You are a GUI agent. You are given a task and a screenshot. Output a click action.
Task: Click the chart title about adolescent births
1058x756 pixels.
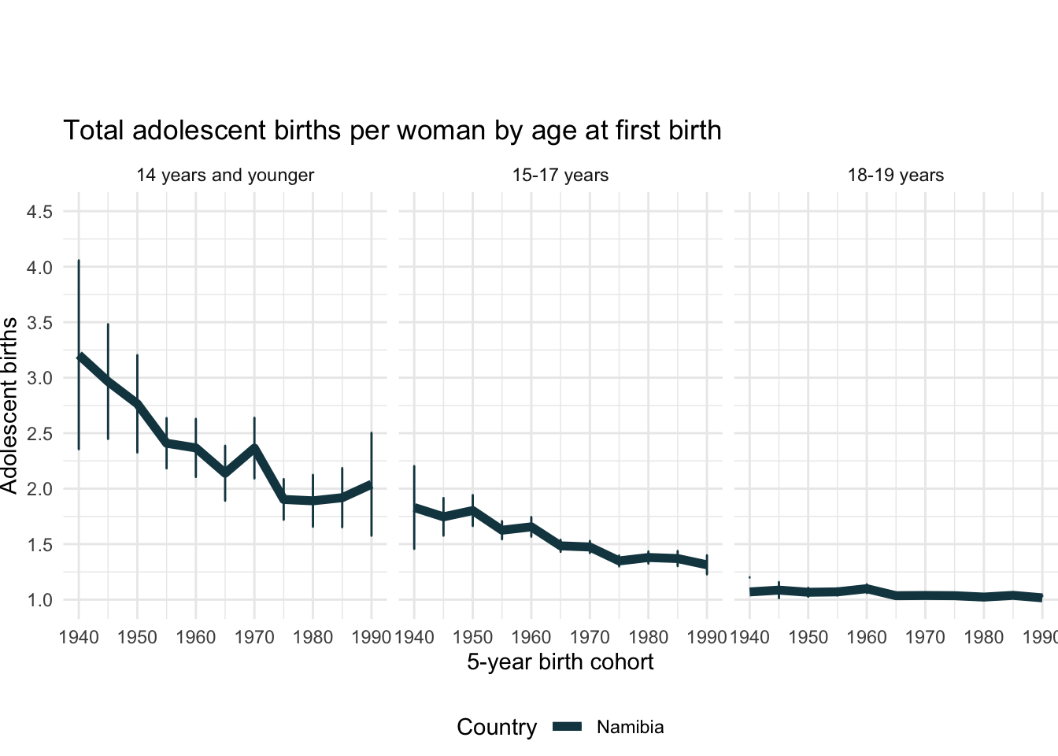coord(392,131)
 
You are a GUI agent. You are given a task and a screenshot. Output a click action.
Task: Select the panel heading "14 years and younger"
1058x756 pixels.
coord(225,176)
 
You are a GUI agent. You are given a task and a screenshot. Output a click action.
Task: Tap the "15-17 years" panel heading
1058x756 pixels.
coord(560,176)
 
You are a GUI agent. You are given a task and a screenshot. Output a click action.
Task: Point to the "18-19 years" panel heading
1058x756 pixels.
coord(896,176)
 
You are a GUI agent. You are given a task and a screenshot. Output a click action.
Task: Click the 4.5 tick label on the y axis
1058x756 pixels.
coord(39,213)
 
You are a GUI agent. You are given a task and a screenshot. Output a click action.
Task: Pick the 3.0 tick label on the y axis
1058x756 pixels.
coord(39,379)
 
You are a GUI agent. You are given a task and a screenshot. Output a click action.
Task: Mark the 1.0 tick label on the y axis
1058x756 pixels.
coord(39,601)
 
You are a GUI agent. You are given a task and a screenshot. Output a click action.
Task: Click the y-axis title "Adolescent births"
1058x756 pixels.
coord(9,406)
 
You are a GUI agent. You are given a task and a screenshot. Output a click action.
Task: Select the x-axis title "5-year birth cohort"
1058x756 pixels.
coord(560,662)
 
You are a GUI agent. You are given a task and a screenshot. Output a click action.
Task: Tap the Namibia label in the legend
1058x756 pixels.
coord(630,728)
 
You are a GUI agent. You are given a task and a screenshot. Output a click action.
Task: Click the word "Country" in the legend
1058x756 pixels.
coord(497,728)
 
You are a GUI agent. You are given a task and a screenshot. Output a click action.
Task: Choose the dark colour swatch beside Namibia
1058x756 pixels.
coord(567,728)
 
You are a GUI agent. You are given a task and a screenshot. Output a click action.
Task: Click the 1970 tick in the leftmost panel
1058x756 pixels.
coord(254,636)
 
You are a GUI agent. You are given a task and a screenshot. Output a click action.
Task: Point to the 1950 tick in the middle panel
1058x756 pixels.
coord(472,636)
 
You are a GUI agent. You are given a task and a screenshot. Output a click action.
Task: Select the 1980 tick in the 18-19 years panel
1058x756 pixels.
coord(984,636)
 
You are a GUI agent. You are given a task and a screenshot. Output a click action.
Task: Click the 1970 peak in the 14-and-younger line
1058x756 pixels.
coord(254,448)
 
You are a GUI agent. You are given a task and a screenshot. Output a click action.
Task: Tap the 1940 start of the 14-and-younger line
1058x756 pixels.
coord(79,357)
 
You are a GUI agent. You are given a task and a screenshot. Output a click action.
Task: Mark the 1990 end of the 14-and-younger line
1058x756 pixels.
coord(372,485)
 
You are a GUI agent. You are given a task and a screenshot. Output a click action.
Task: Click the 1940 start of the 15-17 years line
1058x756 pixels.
coord(414,508)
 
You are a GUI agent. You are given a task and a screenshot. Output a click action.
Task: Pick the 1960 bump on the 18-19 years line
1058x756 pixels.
coord(867,588)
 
